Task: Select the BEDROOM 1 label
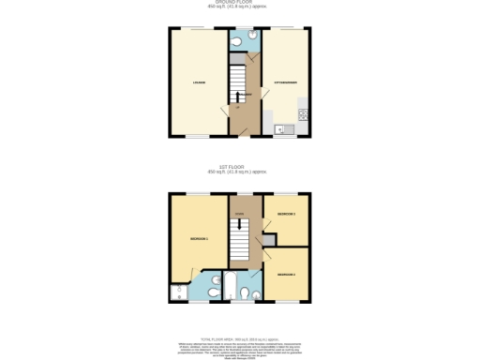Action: coord(199,239)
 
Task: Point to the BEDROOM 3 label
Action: coord(286,215)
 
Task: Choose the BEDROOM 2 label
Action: coord(286,274)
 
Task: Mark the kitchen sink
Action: coord(280,127)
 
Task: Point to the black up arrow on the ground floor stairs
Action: coord(238,96)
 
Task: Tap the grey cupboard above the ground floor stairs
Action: coord(237,57)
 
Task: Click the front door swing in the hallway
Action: coord(246,122)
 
